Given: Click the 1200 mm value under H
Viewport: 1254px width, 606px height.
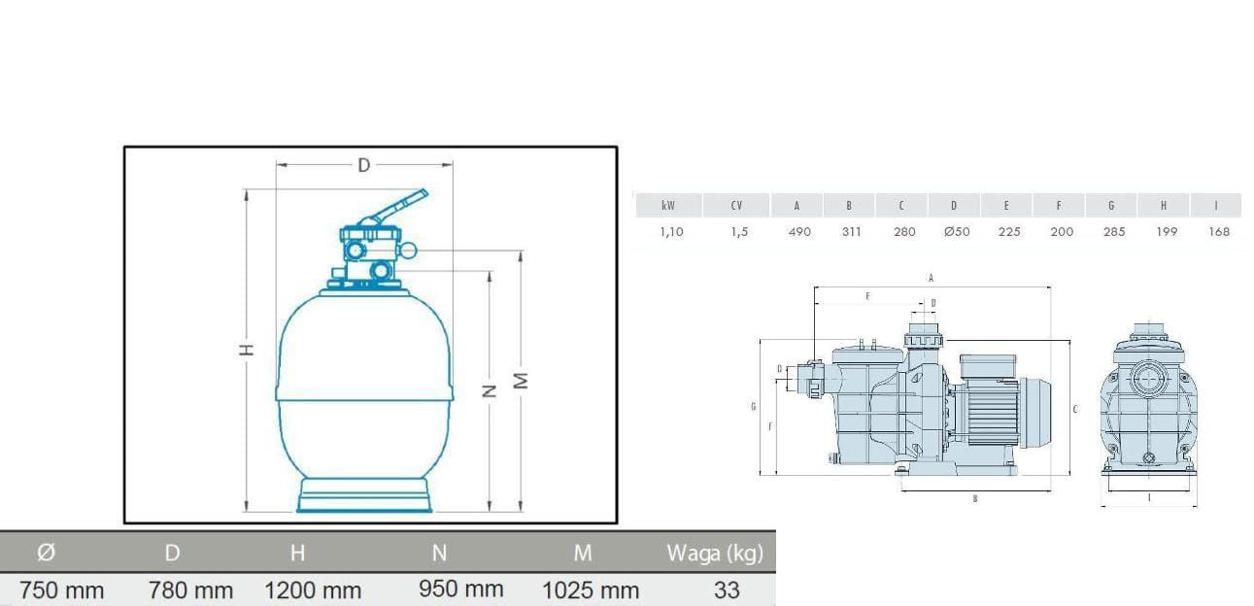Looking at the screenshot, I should click(313, 589).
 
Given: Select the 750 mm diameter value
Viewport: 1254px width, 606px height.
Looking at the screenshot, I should click(62, 589).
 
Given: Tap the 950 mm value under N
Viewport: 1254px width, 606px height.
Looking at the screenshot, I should click(461, 589).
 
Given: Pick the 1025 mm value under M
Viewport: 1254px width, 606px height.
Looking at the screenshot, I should click(591, 589).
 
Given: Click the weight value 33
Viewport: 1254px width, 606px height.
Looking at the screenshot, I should click(726, 589).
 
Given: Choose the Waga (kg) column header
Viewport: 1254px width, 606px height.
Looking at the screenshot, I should click(714, 554).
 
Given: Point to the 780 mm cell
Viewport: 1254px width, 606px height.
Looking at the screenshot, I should click(190, 589).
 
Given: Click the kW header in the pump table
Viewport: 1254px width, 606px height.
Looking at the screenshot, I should click(668, 206).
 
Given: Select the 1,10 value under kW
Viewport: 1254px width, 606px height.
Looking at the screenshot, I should click(671, 231).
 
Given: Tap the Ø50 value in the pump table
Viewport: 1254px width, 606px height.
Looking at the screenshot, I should click(957, 231).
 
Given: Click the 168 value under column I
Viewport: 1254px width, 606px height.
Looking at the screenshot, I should click(1219, 231).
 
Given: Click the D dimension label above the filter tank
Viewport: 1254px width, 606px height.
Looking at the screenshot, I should click(363, 165).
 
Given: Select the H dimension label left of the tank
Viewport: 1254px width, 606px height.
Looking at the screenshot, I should click(249, 350).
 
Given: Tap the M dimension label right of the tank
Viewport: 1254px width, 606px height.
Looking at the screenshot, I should click(522, 381).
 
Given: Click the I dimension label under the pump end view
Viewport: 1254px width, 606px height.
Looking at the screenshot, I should click(1149, 498).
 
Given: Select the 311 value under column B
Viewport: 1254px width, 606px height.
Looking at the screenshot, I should click(850, 231).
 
